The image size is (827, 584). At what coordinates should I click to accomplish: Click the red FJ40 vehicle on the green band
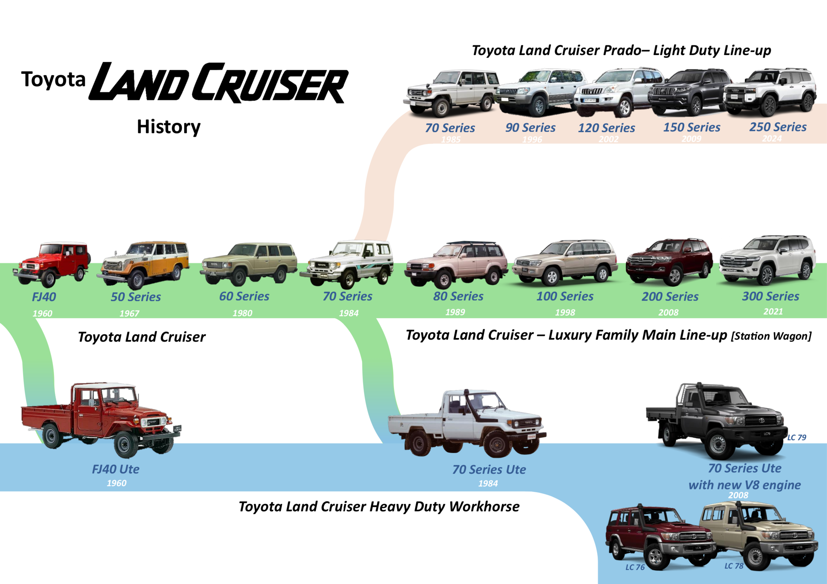click(x=52, y=265)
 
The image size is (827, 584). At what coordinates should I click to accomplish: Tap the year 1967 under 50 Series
click(x=129, y=313)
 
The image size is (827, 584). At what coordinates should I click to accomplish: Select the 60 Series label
click(x=244, y=296)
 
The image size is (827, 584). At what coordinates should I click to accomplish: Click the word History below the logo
click(x=168, y=127)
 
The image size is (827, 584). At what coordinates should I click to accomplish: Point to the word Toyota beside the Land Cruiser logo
click(x=53, y=79)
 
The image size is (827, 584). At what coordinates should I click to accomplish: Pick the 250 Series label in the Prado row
click(x=778, y=127)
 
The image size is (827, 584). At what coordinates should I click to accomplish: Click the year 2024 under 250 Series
click(x=772, y=138)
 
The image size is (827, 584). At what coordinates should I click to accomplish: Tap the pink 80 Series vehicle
click(x=456, y=265)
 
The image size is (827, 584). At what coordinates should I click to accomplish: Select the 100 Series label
click(x=565, y=296)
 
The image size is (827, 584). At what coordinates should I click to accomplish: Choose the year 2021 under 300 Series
click(x=773, y=311)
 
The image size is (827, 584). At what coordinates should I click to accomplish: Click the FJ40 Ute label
click(x=115, y=469)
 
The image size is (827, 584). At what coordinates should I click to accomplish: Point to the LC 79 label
click(x=796, y=437)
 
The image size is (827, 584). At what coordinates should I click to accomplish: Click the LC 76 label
click(x=635, y=567)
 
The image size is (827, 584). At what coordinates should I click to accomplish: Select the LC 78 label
click(x=734, y=566)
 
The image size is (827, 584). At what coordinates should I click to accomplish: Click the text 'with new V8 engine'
click(x=744, y=485)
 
